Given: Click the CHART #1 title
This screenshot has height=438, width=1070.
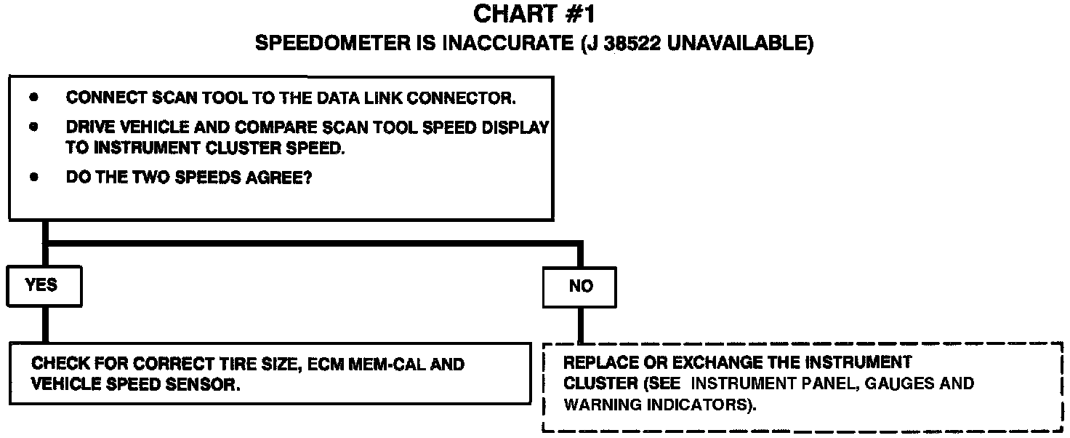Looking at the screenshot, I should tap(534, 15).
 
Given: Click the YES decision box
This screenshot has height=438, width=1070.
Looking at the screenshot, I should tap(44, 286).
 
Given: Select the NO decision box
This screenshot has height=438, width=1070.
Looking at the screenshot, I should tap(580, 287).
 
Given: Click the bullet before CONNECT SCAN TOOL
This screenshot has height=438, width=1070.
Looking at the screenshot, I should tap(33, 97).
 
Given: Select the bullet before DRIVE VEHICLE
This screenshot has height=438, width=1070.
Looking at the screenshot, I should tap(33, 127).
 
